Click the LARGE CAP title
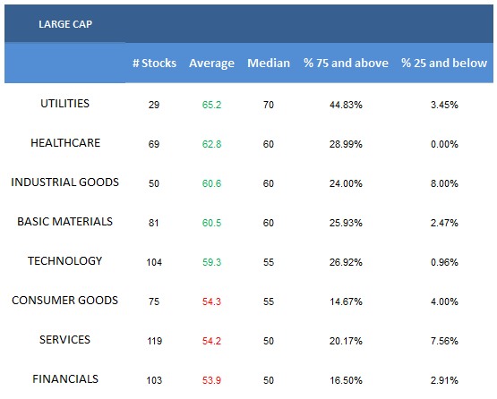pyautogui.click(x=65, y=24)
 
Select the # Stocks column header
pyautogui.click(x=154, y=63)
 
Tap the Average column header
pyautogui.click(x=211, y=64)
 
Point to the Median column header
pyautogui.click(x=269, y=63)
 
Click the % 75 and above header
pyautogui.click(x=346, y=63)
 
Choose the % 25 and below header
pyautogui.click(x=444, y=63)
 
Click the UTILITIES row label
pyautogui.click(x=65, y=104)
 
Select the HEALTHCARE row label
pyautogui.click(x=65, y=143)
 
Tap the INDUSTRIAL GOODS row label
pyautogui.click(x=65, y=183)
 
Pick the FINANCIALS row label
pyautogui.click(x=65, y=379)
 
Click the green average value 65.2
pyautogui.click(x=211, y=105)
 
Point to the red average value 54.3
pyautogui.click(x=211, y=301)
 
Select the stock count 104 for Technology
pyautogui.click(x=154, y=262)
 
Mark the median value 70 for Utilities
pyautogui.click(x=269, y=105)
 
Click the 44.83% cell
pyautogui.click(x=346, y=105)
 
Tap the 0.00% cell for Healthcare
pyautogui.click(x=444, y=144)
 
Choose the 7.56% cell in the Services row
pyautogui.click(x=444, y=341)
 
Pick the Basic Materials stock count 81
pyautogui.click(x=154, y=223)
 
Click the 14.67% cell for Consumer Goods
pyautogui.click(x=346, y=301)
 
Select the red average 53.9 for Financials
pyautogui.click(x=211, y=380)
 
